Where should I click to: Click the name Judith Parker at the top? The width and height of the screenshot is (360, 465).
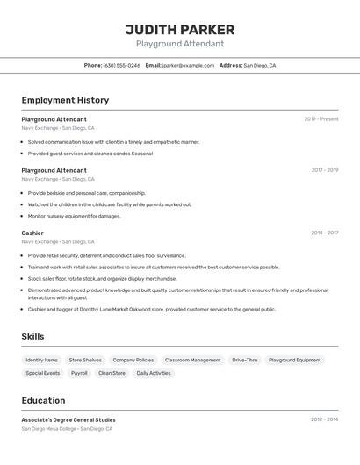(x=179, y=30)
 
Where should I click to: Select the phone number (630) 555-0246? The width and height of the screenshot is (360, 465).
(x=122, y=65)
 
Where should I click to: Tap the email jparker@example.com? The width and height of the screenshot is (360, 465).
(x=188, y=65)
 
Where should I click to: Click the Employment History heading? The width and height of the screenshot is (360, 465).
(x=65, y=100)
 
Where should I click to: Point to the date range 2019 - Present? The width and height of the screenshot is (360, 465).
(x=320, y=119)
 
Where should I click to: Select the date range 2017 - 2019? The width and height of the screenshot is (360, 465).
(x=324, y=170)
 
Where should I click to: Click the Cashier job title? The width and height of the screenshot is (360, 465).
(x=32, y=233)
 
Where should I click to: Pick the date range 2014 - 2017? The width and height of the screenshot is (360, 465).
(x=324, y=233)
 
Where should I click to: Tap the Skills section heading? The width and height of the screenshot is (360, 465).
(x=33, y=337)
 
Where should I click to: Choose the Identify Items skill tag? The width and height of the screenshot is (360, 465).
(x=42, y=360)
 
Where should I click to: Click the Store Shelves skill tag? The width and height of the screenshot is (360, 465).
(x=85, y=360)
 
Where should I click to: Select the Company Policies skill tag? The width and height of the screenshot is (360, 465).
(x=133, y=360)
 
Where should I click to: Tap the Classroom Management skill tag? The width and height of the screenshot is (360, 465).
(x=193, y=360)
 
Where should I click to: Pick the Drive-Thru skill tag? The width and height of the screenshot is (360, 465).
(x=245, y=360)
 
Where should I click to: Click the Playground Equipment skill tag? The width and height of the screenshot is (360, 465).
(x=295, y=360)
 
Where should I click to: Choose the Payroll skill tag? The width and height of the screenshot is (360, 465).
(x=79, y=373)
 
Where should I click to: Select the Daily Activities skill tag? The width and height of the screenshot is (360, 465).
(x=154, y=373)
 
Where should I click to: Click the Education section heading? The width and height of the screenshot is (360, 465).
(x=43, y=401)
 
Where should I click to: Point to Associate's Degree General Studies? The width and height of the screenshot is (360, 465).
(x=68, y=420)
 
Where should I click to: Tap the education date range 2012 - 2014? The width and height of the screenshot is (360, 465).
(x=324, y=420)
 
